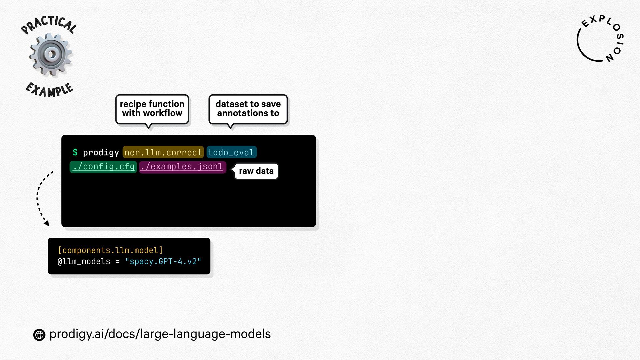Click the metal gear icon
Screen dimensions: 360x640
click(51, 54)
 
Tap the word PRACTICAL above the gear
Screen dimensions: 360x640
click(49, 25)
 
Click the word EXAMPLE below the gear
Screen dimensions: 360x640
click(49, 90)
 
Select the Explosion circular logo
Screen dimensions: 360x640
click(600, 39)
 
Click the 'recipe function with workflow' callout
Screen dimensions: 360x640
click(152, 109)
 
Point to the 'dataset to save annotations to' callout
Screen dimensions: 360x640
click(248, 109)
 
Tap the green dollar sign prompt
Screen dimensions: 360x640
click(75, 152)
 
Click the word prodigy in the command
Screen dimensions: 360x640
click(101, 153)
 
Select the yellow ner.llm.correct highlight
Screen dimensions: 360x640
click(163, 152)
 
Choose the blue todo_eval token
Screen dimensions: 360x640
click(231, 152)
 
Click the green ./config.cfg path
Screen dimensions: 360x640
click(103, 167)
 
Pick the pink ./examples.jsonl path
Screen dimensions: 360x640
click(182, 167)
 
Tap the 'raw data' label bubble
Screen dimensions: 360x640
click(256, 171)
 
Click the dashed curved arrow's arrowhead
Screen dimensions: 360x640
click(47, 223)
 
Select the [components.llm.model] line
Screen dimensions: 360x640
click(110, 250)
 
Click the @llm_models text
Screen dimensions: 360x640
click(84, 262)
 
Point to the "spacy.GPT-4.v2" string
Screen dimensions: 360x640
click(163, 262)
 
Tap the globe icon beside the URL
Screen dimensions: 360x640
click(39, 335)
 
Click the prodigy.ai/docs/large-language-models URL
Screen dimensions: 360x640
click(160, 334)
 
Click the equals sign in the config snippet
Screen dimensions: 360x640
click(117, 262)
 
